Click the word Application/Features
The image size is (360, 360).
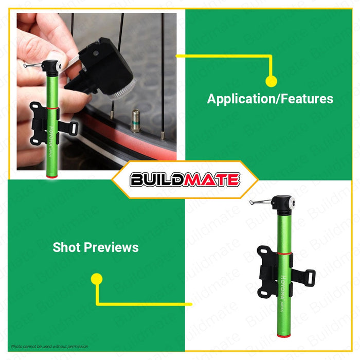point(270,99)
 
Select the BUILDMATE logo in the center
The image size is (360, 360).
point(185,179)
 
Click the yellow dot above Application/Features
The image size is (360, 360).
point(271,81)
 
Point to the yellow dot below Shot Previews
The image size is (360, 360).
point(97,279)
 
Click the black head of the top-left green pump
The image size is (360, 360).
point(50,67)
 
